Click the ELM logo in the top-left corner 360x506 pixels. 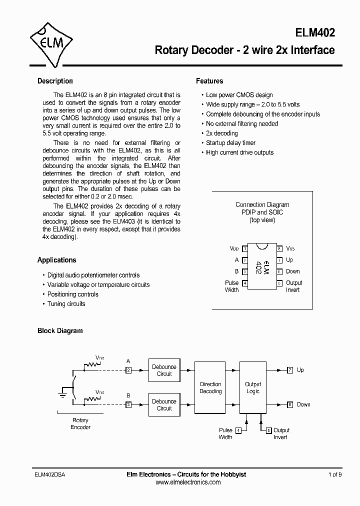tap(51, 43)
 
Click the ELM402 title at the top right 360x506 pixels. tap(315, 32)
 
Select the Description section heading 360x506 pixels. tap(55, 81)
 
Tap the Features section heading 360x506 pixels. tap(209, 81)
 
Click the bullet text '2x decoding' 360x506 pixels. tap(222, 133)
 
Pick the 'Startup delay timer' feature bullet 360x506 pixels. tap(230, 143)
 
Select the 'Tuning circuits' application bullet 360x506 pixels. tap(66, 304)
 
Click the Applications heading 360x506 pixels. tap(56, 260)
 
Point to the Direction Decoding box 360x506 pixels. tap(210, 387)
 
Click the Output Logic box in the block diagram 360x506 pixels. tap(253, 387)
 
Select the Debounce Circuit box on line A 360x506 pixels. tap(164, 370)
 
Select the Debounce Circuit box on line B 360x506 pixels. tap(164, 404)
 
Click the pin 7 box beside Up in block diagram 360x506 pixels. tap(290, 370)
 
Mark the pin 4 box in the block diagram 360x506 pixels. tap(238, 430)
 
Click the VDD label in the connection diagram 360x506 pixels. tap(234, 248)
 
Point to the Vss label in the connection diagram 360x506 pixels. tap(290, 248)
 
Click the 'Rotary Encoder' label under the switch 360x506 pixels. tap(80, 424)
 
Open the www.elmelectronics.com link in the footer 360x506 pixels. tap(188, 482)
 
